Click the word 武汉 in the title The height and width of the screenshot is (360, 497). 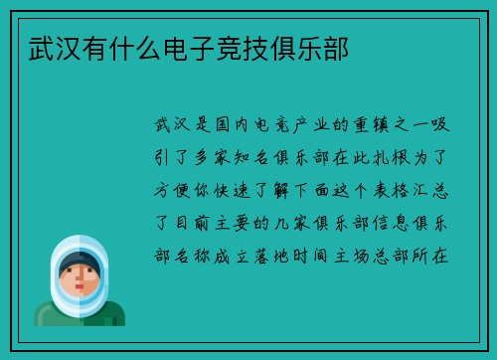click(x=43, y=47)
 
